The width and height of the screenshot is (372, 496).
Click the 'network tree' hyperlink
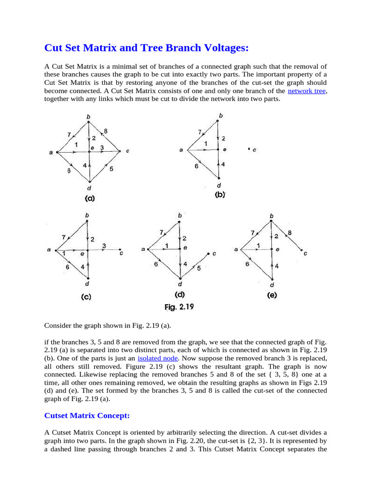point(307,91)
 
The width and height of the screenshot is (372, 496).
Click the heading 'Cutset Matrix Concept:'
point(87,416)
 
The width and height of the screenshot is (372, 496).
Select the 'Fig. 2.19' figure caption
point(178,306)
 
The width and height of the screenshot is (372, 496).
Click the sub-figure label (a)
point(90,198)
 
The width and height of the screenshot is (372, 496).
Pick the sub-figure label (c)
point(87,297)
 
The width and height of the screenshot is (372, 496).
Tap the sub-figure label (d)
point(179,294)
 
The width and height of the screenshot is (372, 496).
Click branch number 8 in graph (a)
point(105,131)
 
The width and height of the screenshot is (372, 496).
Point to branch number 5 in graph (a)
point(111,169)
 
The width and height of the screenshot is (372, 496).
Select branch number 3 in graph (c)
point(104,246)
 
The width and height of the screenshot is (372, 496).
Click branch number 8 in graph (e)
point(290,233)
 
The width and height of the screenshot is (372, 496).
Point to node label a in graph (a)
point(51,153)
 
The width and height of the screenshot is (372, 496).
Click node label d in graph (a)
point(89,187)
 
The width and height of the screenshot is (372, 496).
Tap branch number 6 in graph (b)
point(196,166)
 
